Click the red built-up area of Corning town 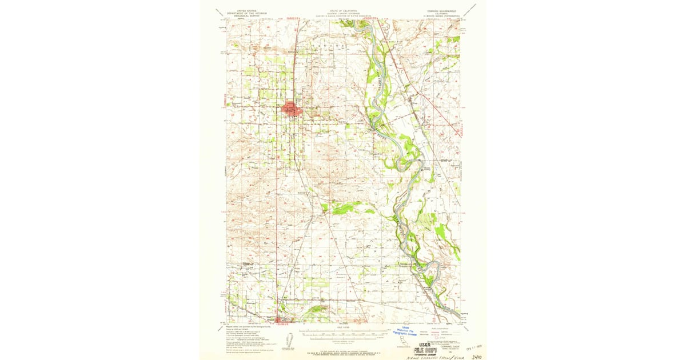click(x=292, y=109)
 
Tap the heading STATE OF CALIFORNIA click(x=342, y=10)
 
